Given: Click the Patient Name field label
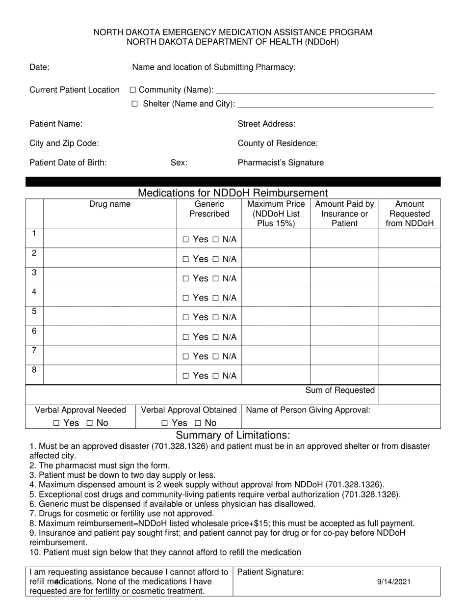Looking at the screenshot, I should [56, 124].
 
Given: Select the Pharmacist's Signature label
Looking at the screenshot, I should [281, 163].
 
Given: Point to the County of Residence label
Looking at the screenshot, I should [278, 143].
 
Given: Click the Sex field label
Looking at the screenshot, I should [179, 163].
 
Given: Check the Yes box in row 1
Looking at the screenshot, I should [185, 240].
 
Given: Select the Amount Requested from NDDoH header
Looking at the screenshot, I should [410, 214].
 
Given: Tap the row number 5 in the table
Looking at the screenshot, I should [34, 311].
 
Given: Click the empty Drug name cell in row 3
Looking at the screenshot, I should [110, 277].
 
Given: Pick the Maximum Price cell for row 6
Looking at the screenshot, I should [276, 336].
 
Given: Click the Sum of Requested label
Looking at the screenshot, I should [340, 390].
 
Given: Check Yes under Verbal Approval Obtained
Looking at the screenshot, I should [165, 423].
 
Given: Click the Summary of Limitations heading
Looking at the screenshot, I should [233, 435].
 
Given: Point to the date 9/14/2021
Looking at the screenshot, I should [394, 582].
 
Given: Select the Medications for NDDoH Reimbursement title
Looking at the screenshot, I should [233, 193].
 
